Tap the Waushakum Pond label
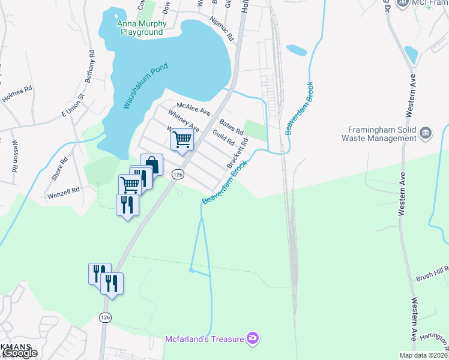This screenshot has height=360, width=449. click(145, 86)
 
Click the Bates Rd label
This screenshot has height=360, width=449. click(231, 127)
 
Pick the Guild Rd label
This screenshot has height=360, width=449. click(223, 138)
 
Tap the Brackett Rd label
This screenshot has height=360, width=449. click(238, 154)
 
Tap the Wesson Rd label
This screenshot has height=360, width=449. click(14, 155)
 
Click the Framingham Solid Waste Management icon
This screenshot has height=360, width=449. click(426, 133)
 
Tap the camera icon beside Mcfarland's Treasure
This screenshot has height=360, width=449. click(253, 339)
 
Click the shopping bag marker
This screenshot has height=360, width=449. click(152, 164)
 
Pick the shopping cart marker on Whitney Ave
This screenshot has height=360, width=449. click(182, 140)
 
